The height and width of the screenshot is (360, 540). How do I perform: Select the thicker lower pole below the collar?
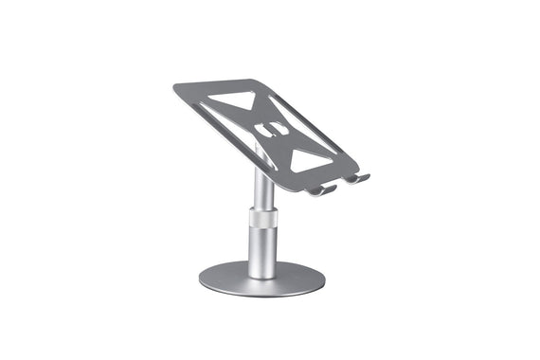pos(262,251)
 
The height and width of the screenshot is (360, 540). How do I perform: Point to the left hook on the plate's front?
pos(322,190)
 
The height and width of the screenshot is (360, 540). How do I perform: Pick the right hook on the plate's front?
pos(357,177)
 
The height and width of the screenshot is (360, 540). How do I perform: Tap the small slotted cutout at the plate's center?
pos(271,129)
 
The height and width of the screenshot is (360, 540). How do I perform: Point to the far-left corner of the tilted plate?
pos(176,91)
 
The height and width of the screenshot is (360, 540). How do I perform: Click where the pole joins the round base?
pos(262,275)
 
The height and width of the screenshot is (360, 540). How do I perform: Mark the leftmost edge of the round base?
pos(201,279)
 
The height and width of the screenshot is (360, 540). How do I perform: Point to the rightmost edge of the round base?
pos(324,279)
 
